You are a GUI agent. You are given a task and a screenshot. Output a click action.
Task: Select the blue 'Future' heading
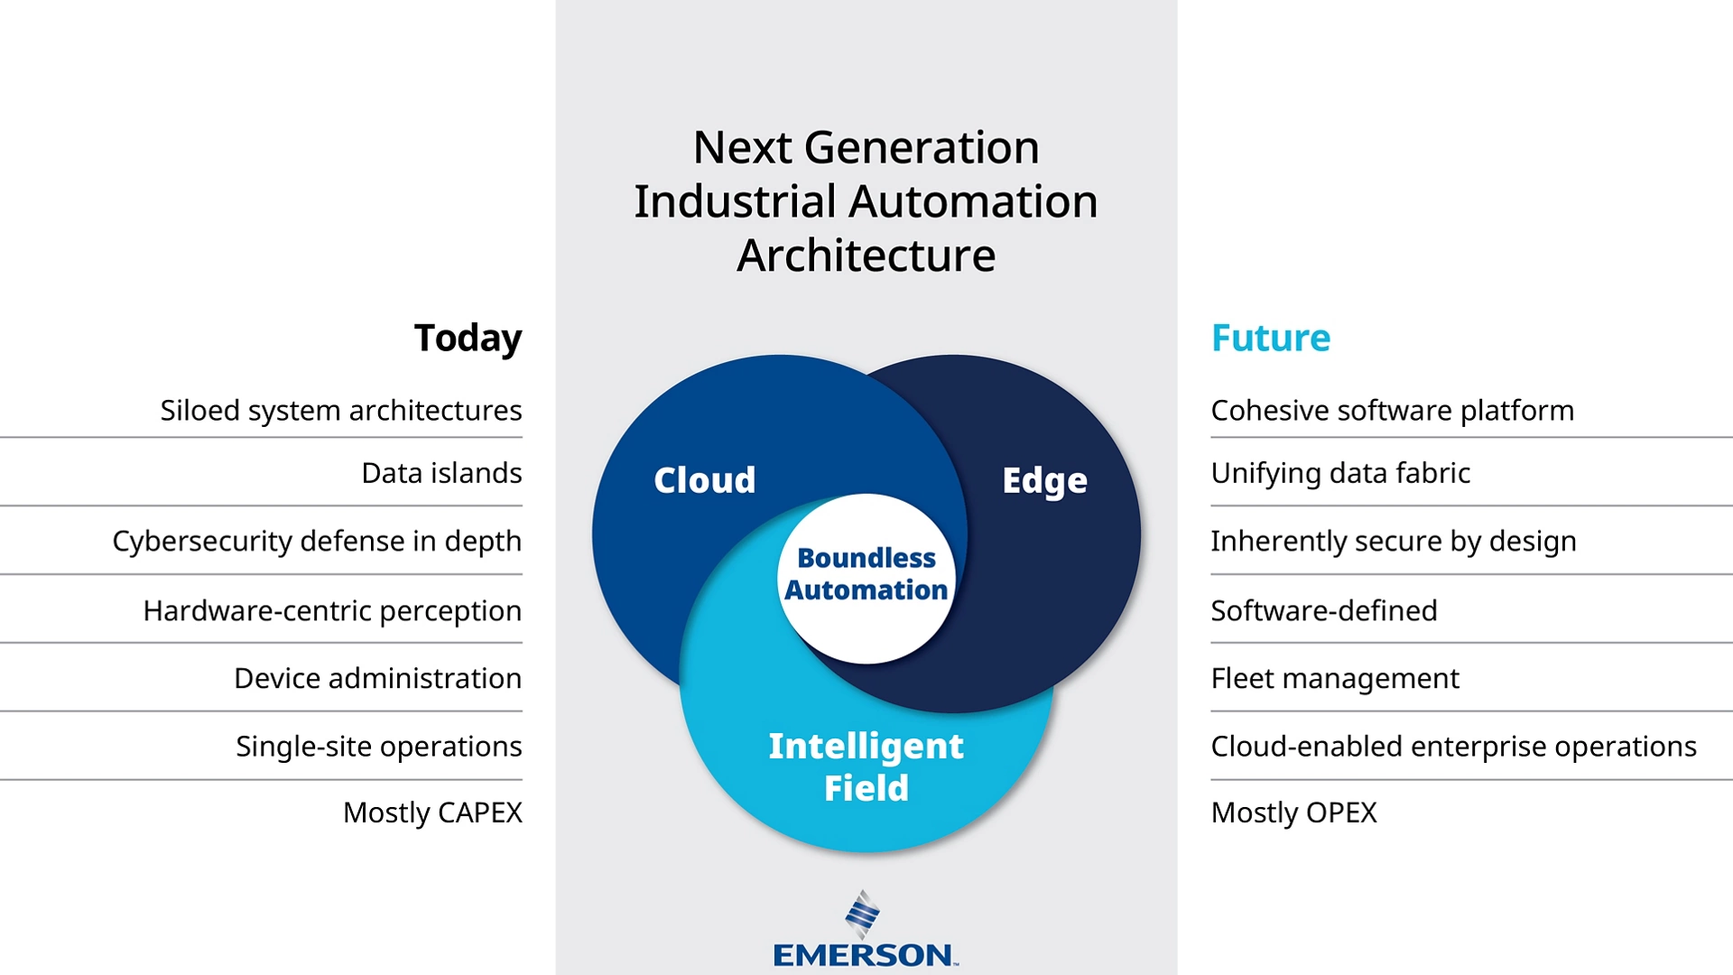point(1271,339)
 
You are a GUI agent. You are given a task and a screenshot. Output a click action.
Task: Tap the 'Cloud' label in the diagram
point(705,480)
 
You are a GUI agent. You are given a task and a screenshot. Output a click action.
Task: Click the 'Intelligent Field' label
point(866,766)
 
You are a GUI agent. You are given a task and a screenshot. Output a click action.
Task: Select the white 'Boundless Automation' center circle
point(866,579)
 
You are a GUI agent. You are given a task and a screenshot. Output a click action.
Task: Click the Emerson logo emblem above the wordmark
point(863,915)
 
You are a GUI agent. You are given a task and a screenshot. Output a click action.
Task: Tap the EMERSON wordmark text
point(865,955)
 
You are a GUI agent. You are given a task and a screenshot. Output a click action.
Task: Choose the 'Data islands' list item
point(441,473)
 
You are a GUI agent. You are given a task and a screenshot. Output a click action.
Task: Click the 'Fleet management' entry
point(1335,679)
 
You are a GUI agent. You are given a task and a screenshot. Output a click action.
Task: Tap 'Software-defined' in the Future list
point(1324,611)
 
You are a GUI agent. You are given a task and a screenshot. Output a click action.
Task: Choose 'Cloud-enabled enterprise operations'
point(1454,747)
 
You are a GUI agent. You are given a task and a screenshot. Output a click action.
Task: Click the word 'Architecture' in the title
point(866,255)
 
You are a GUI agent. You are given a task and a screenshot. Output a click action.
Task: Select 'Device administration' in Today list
point(378,679)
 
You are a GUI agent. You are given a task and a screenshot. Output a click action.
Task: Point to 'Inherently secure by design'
point(1394,542)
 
